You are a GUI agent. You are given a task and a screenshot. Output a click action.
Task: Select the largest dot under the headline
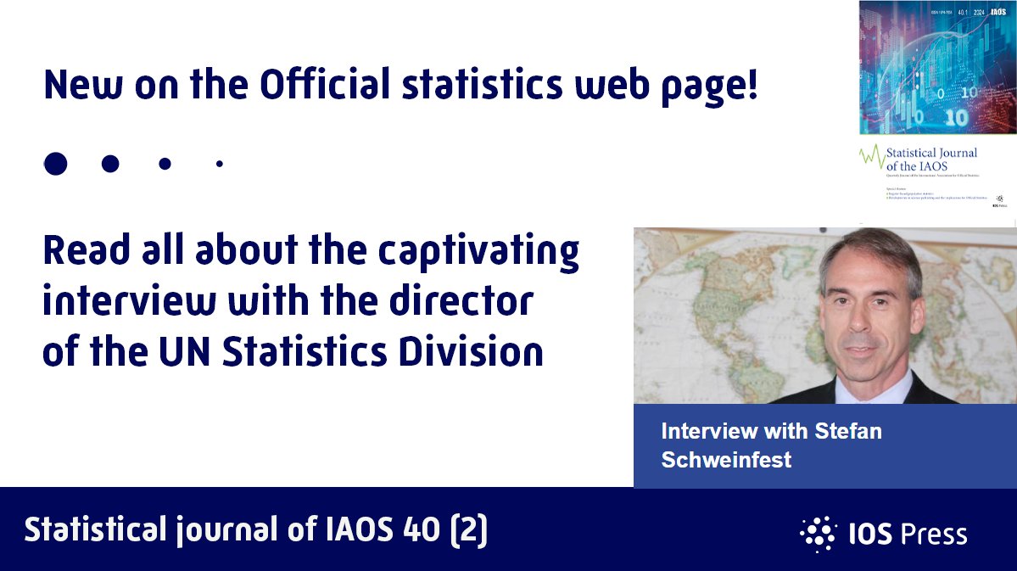(x=55, y=164)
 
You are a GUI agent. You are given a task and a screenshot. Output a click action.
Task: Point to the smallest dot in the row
(x=220, y=164)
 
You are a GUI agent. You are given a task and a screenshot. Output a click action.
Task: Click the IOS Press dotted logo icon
(x=817, y=533)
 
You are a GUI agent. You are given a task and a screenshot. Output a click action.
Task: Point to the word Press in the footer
(x=933, y=535)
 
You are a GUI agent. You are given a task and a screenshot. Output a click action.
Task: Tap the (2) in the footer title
(x=472, y=530)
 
